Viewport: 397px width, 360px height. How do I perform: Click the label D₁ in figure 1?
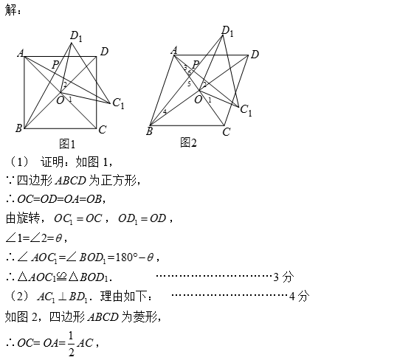[x=76, y=36]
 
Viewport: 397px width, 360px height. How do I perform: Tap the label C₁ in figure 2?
[x=246, y=111]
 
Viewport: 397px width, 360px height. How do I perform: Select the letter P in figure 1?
[x=55, y=65]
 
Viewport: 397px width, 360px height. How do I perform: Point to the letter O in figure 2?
[x=198, y=100]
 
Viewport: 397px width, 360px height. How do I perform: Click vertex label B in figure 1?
[x=18, y=128]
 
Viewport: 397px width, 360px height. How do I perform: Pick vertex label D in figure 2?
[x=255, y=55]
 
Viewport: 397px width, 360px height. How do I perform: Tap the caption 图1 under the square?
[x=67, y=144]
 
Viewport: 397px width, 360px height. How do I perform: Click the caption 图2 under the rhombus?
[x=188, y=142]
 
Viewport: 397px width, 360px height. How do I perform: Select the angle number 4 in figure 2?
[x=165, y=111]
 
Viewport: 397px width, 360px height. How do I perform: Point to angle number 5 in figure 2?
[x=189, y=84]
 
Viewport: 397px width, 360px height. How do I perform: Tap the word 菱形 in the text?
[x=145, y=316]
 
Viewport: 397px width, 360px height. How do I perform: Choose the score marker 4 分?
[x=300, y=296]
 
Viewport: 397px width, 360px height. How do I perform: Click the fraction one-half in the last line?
[x=71, y=344]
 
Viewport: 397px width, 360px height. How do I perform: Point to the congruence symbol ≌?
[x=62, y=277]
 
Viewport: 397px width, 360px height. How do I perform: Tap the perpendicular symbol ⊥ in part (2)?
[x=62, y=297]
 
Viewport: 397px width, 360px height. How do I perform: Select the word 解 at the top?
[x=10, y=10]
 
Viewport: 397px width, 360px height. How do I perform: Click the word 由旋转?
[x=23, y=218]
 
